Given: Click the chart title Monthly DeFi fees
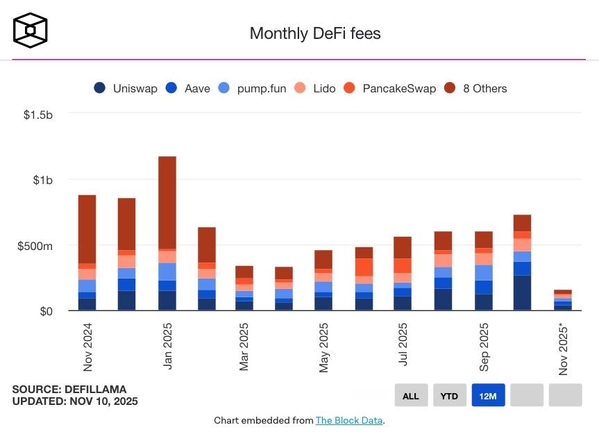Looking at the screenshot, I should click(314, 33).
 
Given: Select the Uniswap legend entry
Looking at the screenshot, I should click(126, 88).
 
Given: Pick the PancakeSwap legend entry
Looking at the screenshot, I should click(389, 88).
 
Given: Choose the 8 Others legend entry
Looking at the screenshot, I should click(475, 88).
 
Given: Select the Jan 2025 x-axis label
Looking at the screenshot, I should click(167, 346).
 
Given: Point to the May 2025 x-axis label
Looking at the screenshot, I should click(324, 347).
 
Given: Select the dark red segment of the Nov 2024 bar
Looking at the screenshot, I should click(87, 229).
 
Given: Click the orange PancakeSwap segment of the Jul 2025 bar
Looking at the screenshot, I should click(402, 265).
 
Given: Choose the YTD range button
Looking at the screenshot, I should click(449, 396).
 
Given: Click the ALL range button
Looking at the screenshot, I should click(411, 396).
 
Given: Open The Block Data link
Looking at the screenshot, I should click(348, 420).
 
